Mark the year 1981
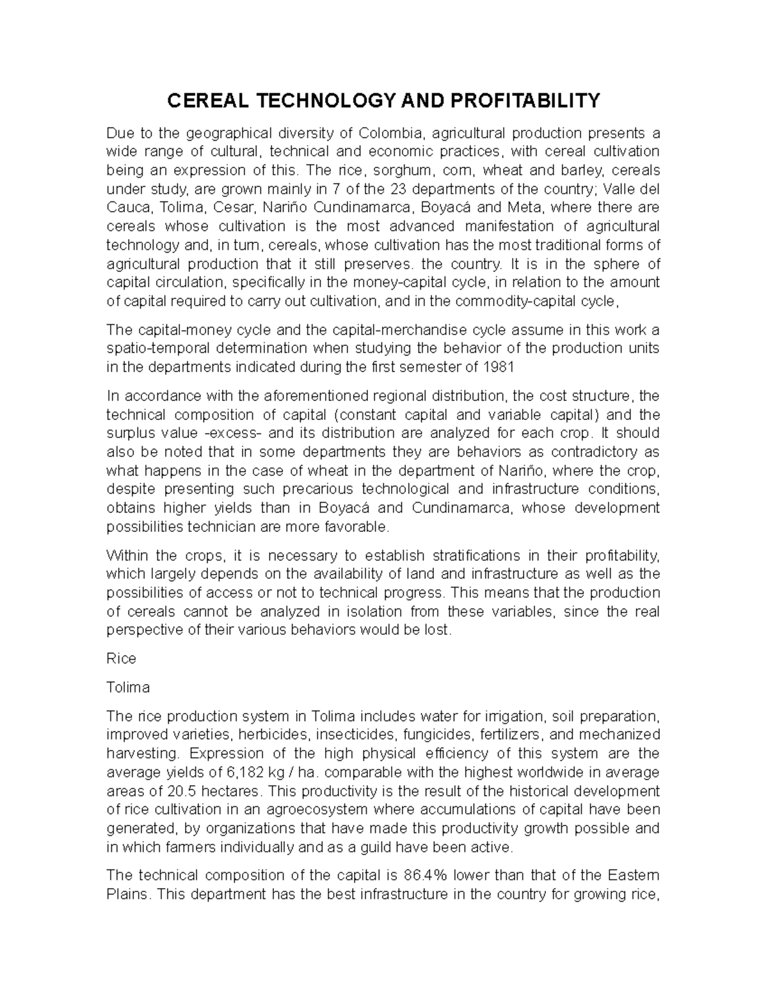coord(499,367)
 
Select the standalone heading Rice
coord(121,659)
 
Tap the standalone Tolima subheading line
coord(128,687)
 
